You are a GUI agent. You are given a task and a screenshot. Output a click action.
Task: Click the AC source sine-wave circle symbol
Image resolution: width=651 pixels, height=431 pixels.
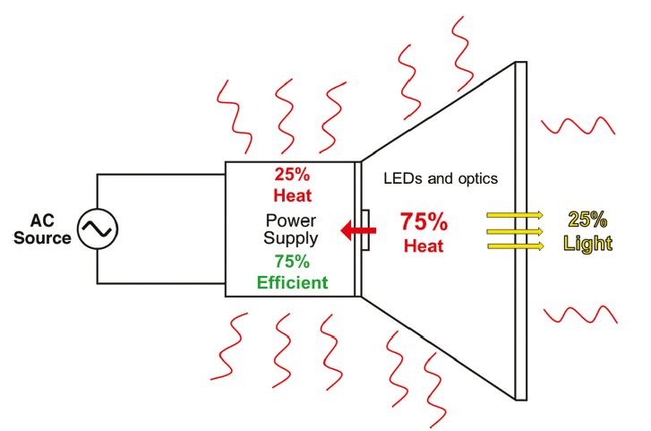(x=97, y=229)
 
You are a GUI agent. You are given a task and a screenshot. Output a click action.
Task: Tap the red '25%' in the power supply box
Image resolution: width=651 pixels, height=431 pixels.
(x=292, y=175)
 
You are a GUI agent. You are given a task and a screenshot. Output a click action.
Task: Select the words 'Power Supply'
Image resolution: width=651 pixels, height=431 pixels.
(x=292, y=229)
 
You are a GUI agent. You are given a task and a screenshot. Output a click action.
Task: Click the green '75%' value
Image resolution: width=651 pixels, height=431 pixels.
(x=292, y=263)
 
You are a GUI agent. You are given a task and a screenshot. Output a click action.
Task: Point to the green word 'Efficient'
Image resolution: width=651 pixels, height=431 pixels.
(x=292, y=282)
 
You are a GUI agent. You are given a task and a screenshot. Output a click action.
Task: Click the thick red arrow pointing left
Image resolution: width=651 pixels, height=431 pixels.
(x=358, y=232)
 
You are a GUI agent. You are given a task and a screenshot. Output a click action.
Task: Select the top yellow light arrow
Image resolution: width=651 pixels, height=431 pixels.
(x=515, y=215)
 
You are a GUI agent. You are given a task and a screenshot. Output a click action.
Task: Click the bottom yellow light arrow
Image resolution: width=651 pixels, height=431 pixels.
(x=515, y=246)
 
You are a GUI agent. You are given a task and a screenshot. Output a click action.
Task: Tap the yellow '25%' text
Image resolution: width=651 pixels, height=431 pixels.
(x=588, y=218)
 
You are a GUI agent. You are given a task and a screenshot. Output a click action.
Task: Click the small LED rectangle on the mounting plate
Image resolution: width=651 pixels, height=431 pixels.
(x=367, y=230)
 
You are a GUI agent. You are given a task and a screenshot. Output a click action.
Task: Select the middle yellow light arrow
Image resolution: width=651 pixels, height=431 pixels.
(x=515, y=230)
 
